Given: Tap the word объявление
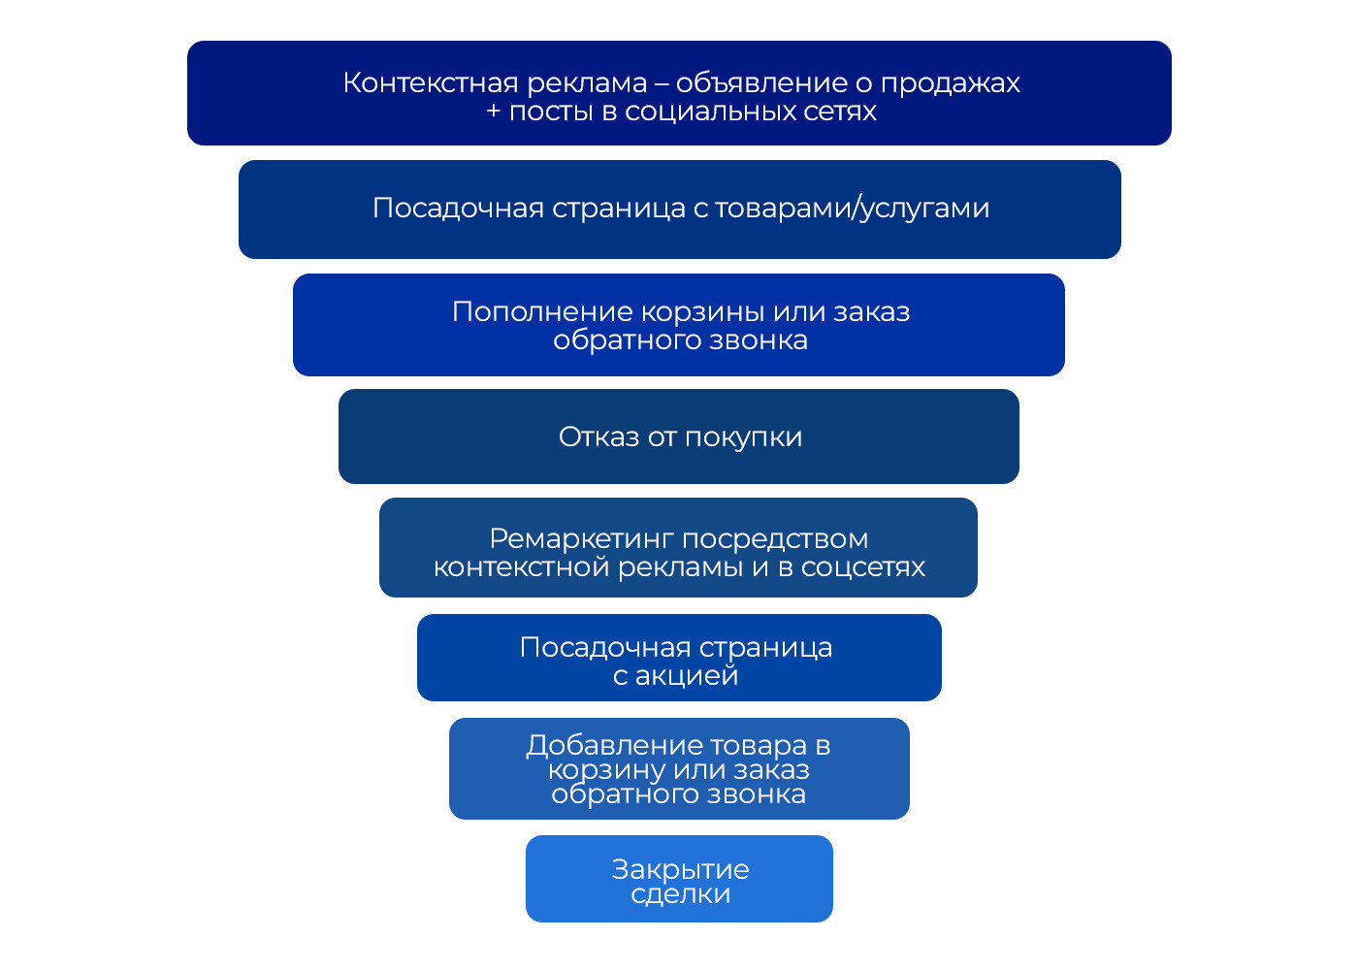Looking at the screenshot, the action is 760,83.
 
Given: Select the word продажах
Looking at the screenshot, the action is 951,84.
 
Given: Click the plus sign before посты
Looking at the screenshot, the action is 494,112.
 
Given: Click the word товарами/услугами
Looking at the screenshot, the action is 853,208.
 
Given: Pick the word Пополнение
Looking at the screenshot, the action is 542,311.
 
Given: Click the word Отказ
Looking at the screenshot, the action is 598,436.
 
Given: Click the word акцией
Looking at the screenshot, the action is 687,675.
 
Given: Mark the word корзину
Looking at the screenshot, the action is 607,770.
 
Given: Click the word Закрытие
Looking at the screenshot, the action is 680,870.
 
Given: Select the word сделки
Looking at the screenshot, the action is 680,894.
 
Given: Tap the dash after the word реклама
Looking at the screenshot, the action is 662,84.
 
